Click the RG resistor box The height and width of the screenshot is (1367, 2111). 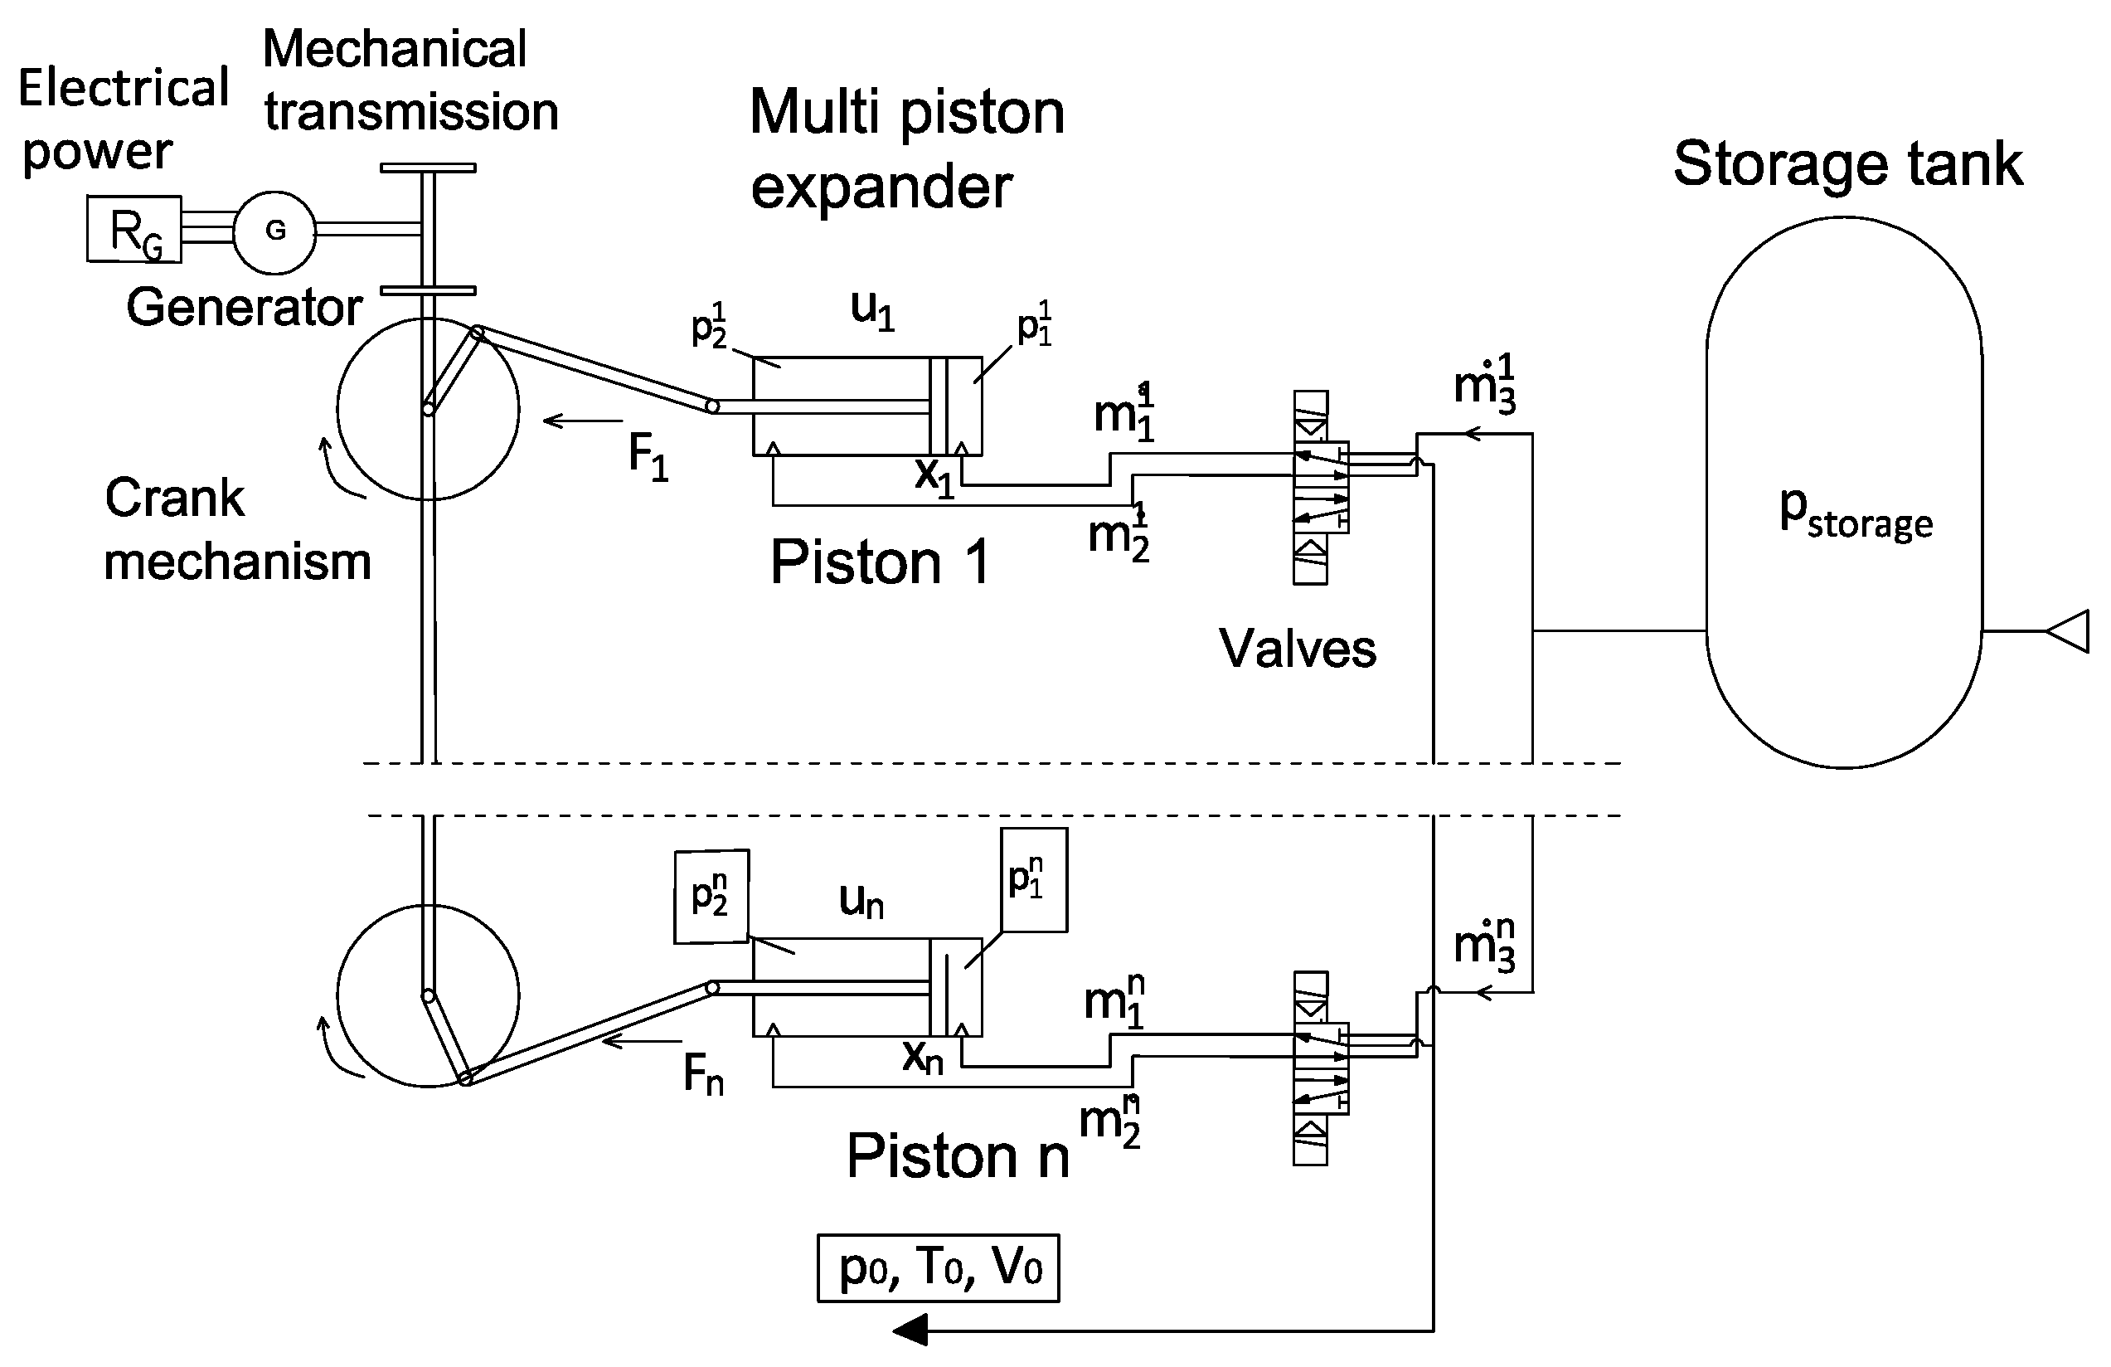pos(134,229)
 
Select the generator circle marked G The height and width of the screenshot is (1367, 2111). pos(275,231)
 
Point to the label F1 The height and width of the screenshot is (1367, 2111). pos(648,458)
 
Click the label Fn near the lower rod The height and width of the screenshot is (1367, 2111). pos(702,1074)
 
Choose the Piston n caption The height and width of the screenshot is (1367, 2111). pos(958,1155)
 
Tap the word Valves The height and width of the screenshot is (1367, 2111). pos(1298,648)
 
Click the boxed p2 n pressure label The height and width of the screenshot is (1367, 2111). pos(711,896)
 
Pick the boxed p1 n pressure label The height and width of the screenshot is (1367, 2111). pos(1033,879)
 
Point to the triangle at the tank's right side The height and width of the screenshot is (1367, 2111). pos(2069,630)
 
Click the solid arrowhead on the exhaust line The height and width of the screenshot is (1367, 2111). pos(910,1331)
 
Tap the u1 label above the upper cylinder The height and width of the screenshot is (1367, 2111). pos(873,310)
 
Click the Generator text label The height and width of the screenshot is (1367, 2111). pos(244,307)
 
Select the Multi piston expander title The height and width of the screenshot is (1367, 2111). pos(906,149)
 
